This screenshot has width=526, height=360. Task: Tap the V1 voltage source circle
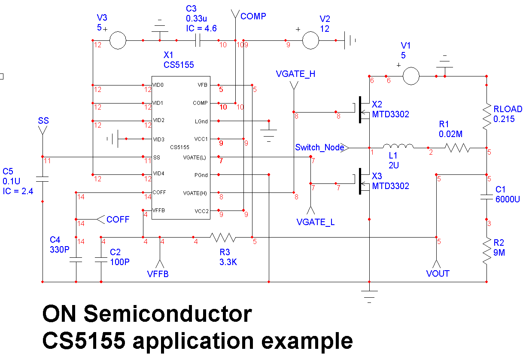click(410, 76)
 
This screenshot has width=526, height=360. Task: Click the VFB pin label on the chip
click(202, 85)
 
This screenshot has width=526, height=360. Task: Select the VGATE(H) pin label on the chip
click(195, 193)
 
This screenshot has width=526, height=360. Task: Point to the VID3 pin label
click(158, 139)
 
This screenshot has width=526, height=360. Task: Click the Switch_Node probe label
click(320, 147)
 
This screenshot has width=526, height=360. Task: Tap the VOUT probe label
click(438, 273)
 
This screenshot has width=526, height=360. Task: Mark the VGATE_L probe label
click(316, 222)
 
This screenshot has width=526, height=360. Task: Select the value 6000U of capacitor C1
click(508, 199)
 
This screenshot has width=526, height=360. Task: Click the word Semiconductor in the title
click(168, 314)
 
